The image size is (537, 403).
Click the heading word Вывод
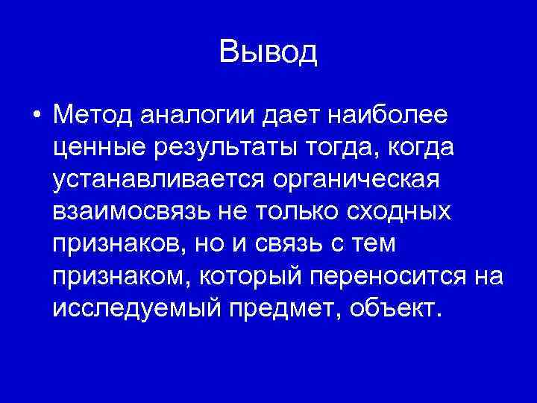(268, 51)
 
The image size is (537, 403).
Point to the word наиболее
(386, 116)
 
